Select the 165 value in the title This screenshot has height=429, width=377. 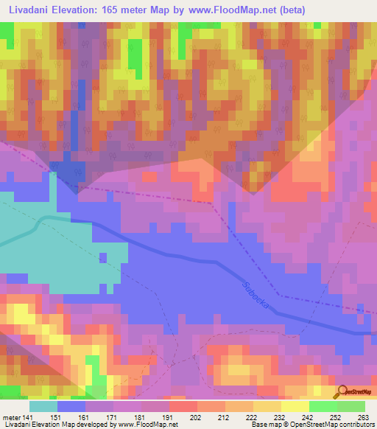pos(118,10)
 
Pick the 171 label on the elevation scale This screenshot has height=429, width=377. pos(111,416)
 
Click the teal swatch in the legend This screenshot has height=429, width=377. pos(43,406)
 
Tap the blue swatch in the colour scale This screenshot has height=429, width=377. pos(71,406)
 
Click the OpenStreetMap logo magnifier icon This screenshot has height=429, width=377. pos(343,391)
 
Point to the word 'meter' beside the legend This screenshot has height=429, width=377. pos(12,416)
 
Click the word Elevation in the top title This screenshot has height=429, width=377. pos(78,10)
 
